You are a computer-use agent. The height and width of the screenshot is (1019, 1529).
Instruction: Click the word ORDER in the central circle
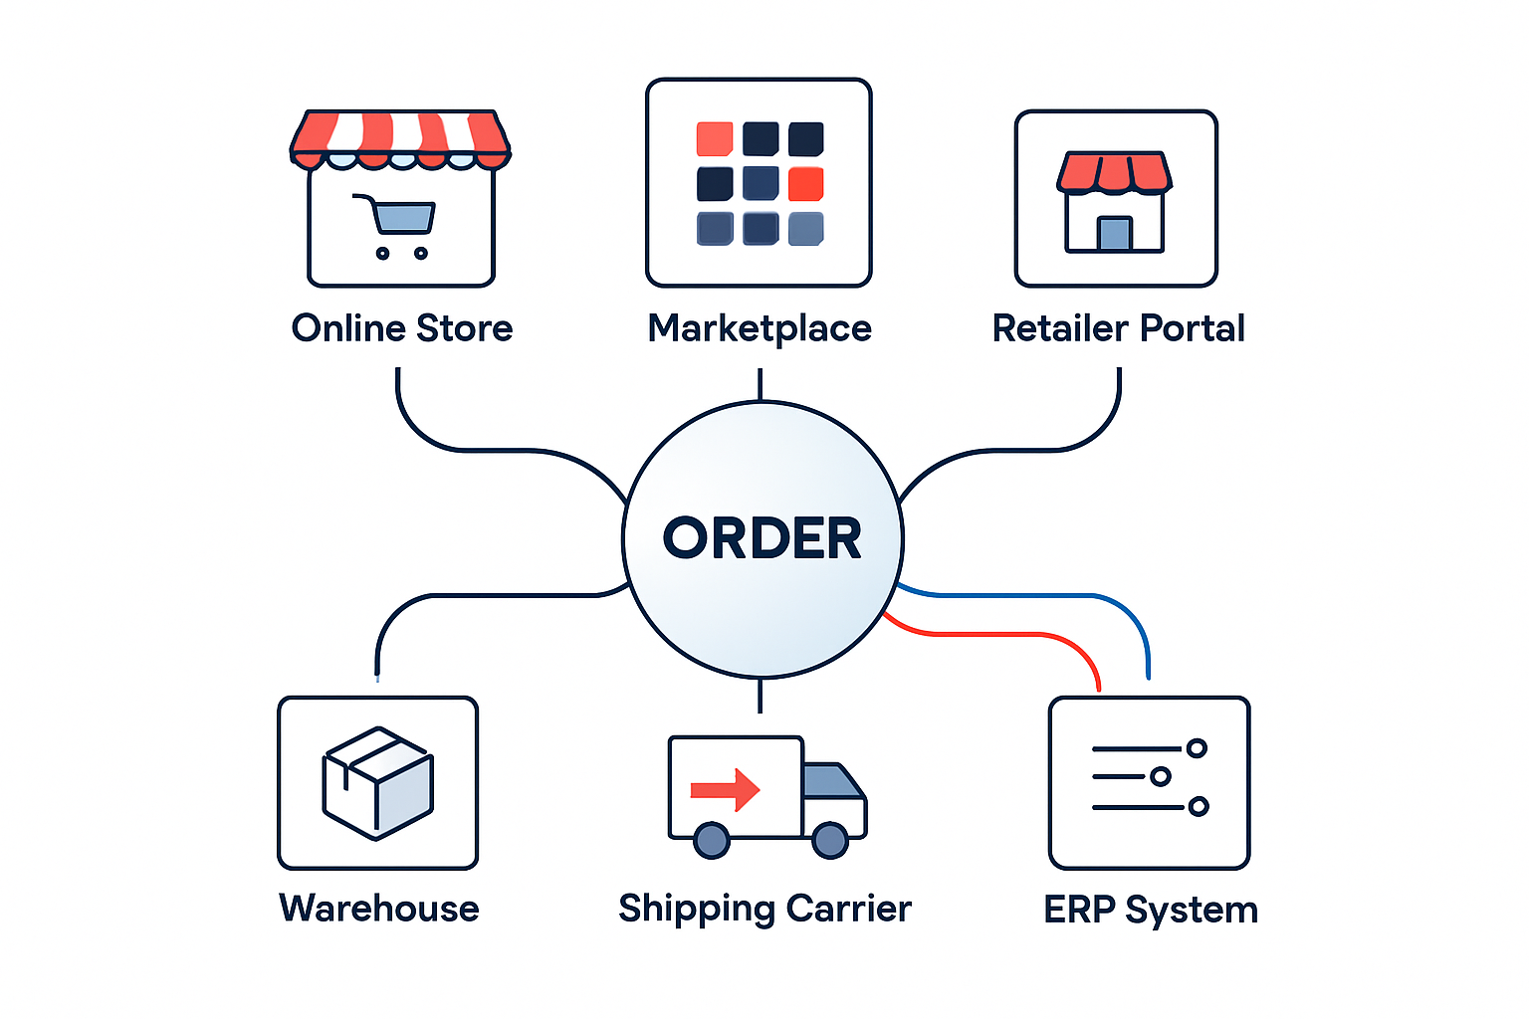point(763,538)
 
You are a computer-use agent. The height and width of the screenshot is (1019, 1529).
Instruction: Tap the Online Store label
point(402,328)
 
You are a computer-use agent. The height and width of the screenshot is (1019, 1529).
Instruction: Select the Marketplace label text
point(760,328)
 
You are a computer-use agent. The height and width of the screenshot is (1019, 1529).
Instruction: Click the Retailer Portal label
point(1118,328)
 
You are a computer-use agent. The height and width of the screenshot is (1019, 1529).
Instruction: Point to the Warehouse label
point(379,909)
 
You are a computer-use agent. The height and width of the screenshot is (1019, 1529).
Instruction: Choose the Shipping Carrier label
point(764,909)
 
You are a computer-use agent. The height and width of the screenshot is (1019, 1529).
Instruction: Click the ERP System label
point(1151,910)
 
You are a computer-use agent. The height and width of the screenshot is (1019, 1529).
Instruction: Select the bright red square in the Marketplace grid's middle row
point(806,184)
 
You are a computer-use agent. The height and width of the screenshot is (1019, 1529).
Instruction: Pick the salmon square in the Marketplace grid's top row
point(715,139)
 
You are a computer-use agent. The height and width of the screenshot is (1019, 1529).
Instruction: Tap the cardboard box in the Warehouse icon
point(377,783)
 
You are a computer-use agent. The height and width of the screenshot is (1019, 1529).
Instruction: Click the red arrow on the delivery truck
point(726,790)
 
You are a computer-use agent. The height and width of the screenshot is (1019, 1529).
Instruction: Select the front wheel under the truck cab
point(830,840)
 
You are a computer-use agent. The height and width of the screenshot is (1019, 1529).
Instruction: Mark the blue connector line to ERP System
point(1035,595)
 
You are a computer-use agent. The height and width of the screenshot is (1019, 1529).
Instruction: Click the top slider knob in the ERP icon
point(1197,748)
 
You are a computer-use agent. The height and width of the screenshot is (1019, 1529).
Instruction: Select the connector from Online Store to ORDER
point(468,450)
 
